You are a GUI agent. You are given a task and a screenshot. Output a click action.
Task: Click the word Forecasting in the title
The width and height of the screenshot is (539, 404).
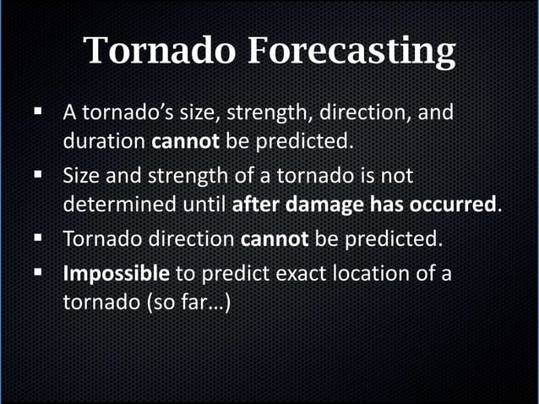coord(351,52)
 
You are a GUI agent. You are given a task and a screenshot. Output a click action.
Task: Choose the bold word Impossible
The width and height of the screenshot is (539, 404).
coord(117,274)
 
